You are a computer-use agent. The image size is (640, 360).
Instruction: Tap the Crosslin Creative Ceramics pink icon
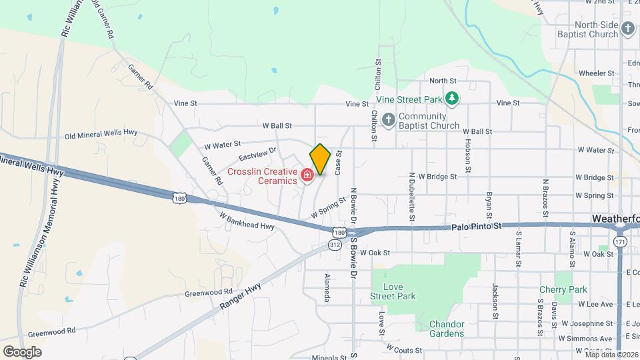307,175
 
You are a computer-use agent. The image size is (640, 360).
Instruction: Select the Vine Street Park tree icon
453,99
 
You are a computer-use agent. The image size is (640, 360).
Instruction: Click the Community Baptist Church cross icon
389,118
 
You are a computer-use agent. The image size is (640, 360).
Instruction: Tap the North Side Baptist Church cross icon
627,28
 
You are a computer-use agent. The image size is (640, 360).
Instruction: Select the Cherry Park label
563,290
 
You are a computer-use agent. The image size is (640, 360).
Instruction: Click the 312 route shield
335,245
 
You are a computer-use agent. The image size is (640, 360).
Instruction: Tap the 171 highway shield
620,241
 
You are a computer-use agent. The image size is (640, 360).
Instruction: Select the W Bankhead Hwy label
247,221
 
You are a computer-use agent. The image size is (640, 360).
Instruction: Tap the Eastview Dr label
257,155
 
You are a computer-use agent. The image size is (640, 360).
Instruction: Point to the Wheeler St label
596,73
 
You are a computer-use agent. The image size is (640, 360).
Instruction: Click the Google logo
22,351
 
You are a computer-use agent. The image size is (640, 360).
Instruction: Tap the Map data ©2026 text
611,354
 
